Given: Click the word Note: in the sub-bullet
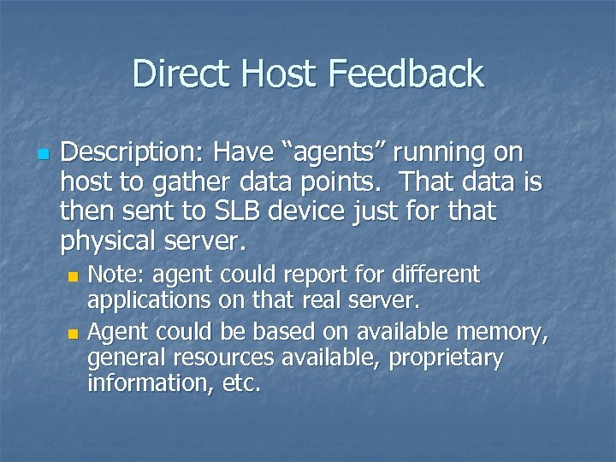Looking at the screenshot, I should (x=116, y=275).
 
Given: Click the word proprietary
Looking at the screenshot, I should (x=446, y=358).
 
